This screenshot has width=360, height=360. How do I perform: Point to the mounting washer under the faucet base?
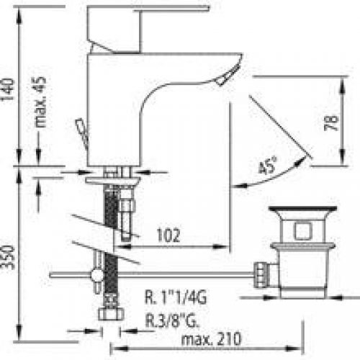coord(114,180)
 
